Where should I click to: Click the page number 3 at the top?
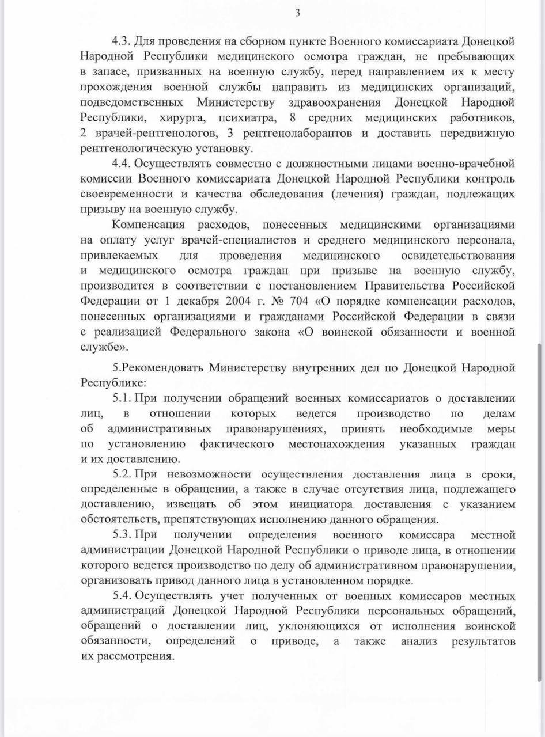click(297, 13)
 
